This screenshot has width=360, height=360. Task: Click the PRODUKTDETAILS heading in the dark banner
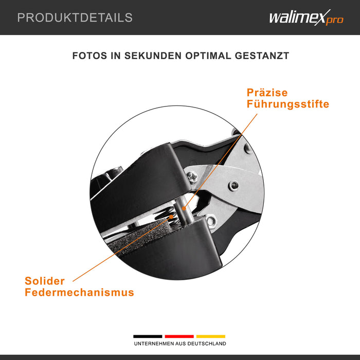(75, 17)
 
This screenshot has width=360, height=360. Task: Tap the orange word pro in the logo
(334, 20)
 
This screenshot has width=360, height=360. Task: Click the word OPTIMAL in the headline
(208, 56)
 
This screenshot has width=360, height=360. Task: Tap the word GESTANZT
(262, 56)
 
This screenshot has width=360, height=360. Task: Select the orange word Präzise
(267, 93)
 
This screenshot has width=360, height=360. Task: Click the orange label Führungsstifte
(288, 104)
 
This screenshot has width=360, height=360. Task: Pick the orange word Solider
(45, 281)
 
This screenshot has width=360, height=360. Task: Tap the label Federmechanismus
(79, 292)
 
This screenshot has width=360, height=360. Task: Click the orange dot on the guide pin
(184, 208)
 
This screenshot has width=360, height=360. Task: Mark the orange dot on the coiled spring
(171, 217)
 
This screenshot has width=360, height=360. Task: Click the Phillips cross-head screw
(192, 177)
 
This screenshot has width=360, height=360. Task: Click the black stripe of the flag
(148, 336)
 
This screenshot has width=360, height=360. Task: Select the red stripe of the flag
(179, 336)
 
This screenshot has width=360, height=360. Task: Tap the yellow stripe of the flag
(211, 336)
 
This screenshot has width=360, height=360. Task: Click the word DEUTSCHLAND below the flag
(207, 344)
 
